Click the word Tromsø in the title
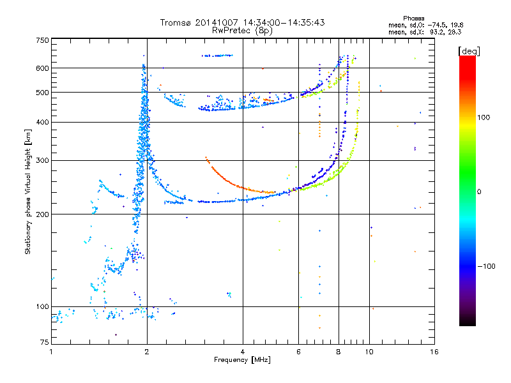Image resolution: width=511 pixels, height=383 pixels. (x=176, y=22)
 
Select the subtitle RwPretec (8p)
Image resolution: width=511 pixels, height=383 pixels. (x=242, y=31)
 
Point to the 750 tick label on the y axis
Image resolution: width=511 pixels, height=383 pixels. (x=42, y=40)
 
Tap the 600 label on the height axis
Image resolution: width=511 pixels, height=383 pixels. (x=42, y=68)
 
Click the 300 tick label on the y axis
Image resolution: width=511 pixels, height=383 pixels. (x=42, y=160)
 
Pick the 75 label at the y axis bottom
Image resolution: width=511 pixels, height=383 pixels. (x=44, y=342)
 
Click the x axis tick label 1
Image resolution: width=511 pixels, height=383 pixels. (x=51, y=352)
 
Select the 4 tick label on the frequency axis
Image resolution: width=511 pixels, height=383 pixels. (x=243, y=352)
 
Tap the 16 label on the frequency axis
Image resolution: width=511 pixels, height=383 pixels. (x=434, y=352)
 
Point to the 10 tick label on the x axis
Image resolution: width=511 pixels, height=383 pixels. (x=369, y=352)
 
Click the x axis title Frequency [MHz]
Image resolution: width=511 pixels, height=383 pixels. (x=242, y=360)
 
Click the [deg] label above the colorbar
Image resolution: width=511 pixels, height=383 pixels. (x=469, y=51)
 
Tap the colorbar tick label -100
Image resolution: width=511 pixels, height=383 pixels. (x=486, y=266)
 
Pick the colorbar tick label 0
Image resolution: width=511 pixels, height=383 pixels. (x=479, y=191)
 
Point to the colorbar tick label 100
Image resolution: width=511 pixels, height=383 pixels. (x=484, y=117)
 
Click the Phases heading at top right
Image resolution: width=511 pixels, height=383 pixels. (x=413, y=19)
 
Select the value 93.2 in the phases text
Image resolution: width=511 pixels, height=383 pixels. (x=436, y=32)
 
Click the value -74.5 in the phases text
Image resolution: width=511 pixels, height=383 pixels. (x=436, y=25)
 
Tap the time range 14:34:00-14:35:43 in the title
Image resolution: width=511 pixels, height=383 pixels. (x=284, y=22)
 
